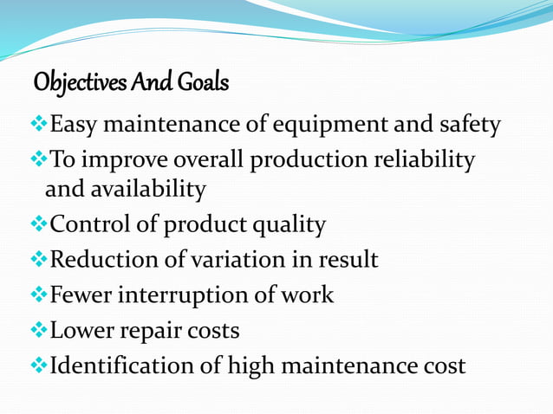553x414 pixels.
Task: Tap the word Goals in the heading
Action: (x=201, y=84)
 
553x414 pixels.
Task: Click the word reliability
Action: (x=422, y=160)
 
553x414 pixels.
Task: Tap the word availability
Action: (x=146, y=189)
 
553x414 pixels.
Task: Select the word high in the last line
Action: (x=250, y=366)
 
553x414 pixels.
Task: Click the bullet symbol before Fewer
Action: (x=39, y=294)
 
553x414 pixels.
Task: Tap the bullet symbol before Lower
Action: (x=39, y=329)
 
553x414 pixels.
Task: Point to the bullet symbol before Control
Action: (x=39, y=225)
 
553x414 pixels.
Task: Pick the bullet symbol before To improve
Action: (x=39, y=160)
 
